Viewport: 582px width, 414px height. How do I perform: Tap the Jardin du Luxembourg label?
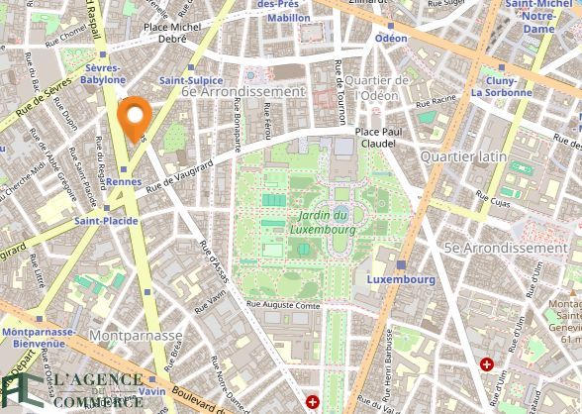[324, 222]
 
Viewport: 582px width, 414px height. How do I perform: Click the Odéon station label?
[390, 38]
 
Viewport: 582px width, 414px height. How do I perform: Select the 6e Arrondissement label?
[242, 90]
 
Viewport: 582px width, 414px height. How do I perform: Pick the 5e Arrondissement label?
[505, 248]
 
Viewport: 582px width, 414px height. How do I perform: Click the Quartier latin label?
[462, 156]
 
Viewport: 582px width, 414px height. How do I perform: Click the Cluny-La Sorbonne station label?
[502, 86]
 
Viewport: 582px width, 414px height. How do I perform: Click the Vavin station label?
[151, 392]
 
